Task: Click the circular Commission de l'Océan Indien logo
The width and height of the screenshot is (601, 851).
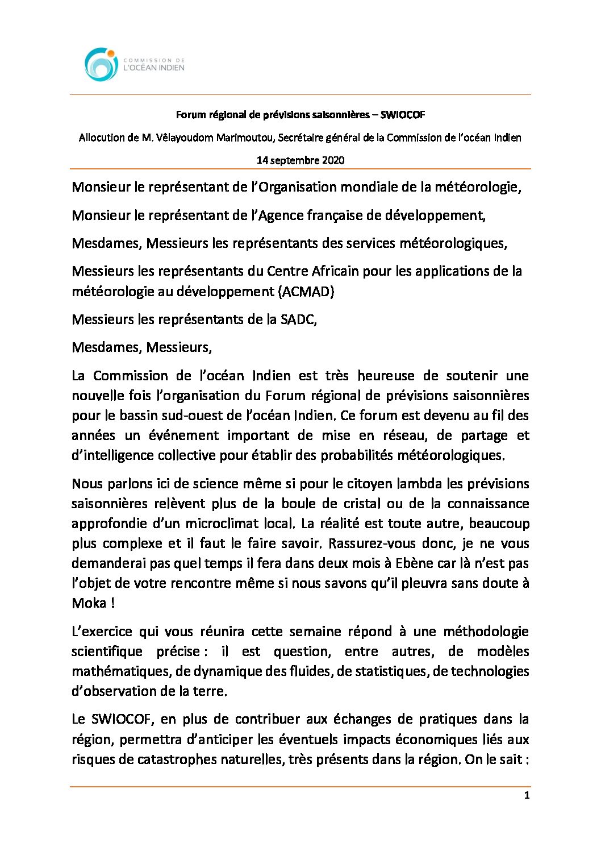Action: [x=101, y=64]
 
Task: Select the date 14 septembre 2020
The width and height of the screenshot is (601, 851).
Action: [x=300, y=160]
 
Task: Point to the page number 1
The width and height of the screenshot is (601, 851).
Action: [x=527, y=795]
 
